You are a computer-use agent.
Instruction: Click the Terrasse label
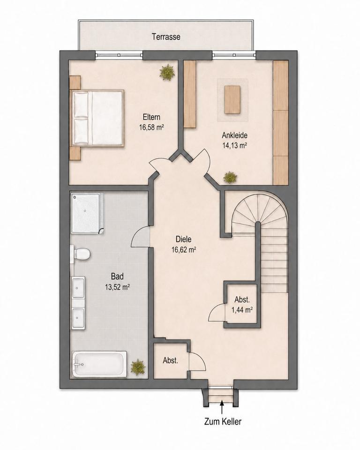[x=166, y=37]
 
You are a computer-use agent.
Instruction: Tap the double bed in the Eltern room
[x=98, y=118]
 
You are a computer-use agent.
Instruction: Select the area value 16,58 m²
[x=151, y=127]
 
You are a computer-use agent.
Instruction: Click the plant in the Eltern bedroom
[x=167, y=72]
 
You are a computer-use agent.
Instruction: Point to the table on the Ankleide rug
[x=232, y=99]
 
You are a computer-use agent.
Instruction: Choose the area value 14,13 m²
[x=234, y=145]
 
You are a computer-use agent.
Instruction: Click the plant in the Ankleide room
[x=230, y=177]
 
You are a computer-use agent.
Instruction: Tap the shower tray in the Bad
[x=87, y=213]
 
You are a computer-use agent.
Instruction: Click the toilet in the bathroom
[x=81, y=254]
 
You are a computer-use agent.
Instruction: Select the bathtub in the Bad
[x=99, y=364]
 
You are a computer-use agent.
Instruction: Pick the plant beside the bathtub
[x=138, y=367]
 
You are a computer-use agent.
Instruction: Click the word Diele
[x=184, y=239]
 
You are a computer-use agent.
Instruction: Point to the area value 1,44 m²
[x=242, y=310]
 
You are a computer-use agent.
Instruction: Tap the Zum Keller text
[x=223, y=421]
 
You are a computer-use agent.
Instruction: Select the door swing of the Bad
[x=140, y=236]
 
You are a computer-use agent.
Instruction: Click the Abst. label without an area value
[x=171, y=360]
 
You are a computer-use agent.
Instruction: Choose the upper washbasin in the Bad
[x=78, y=287]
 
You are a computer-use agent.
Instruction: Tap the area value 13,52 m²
[x=117, y=287]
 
